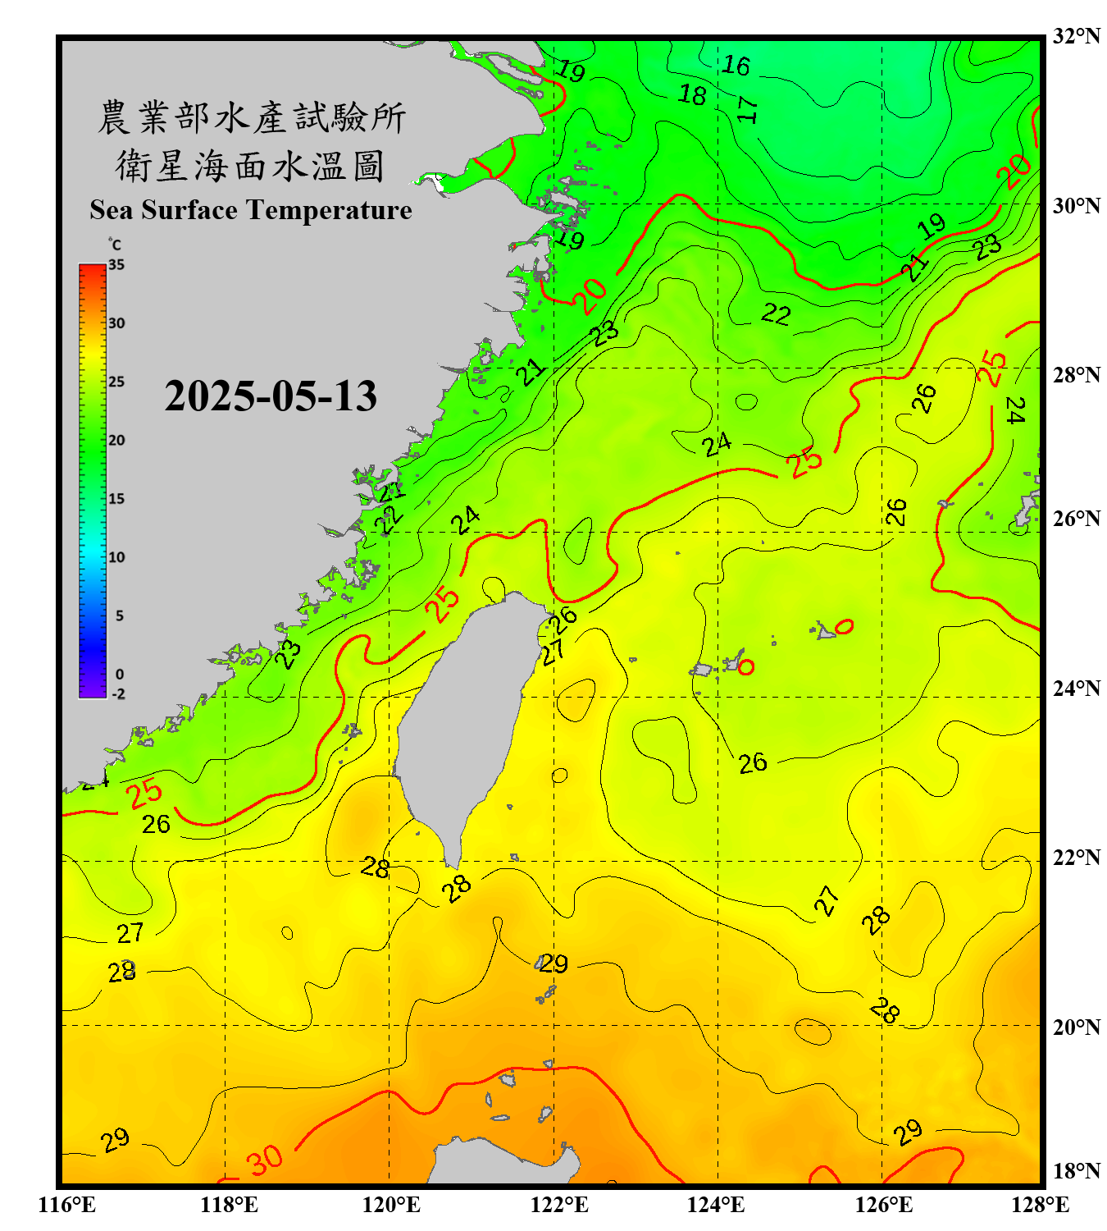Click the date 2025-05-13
[271, 396]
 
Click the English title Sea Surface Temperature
[251, 210]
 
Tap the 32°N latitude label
[1076, 36]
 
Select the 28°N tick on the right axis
[1076, 375]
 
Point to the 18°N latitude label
[1076, 1171]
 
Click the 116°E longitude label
[67, 1205]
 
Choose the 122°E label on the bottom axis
[559, 1205]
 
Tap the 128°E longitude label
[1040, 1205]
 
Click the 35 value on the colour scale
[116, 265]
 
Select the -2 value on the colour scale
[118, 694]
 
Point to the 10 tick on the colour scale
[116, 557]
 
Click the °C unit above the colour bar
[115, 245]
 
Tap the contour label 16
[736, 66]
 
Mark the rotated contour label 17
[746, 110]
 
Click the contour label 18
[692, 95]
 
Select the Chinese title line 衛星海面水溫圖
[250, 166]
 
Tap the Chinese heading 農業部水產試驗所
[251, 117]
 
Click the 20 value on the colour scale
[116, 441]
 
